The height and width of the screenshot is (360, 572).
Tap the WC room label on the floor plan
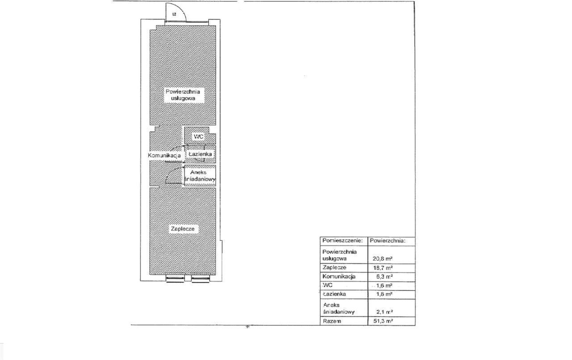click(198, 137)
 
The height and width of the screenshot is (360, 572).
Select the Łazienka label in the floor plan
click(200, 154)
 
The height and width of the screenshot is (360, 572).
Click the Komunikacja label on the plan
click(164, 155)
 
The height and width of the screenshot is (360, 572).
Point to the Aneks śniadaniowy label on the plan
click(199, 176)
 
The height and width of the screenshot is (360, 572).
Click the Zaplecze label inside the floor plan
click(183, 229)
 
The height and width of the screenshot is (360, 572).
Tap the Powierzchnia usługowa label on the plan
click(183, 95)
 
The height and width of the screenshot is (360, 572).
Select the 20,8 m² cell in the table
click(383, 258)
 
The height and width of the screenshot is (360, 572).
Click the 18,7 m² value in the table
click(383, 268)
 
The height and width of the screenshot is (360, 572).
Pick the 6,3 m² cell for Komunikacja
click(384, 276)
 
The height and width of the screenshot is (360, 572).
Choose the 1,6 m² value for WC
click(384, 285)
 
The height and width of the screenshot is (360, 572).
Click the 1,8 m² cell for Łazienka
click(384, 294)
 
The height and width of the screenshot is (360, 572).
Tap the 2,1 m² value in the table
click(385, 312)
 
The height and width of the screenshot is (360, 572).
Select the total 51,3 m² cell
click(383, 321)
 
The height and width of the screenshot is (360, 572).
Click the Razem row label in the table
click(332, 321)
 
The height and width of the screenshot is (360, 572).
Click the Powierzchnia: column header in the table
click(387, 240)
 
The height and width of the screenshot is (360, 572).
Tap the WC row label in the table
click(328, 285)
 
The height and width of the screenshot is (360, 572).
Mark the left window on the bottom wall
click(175, 279)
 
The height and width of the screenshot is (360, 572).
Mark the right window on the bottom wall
click(200, 279)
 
